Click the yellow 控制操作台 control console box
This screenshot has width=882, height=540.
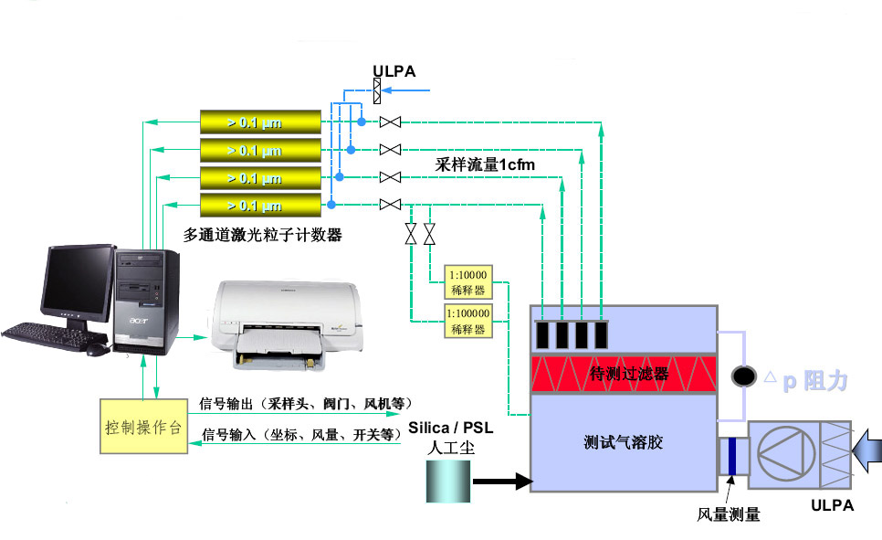tap(142, 425)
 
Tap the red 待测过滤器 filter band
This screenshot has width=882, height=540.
tap(624, 374)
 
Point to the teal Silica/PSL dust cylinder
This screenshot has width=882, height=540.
tap(448, 481)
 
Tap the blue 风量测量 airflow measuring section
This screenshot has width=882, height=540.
tap(731, 457)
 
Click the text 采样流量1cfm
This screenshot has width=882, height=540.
tap(485, 164)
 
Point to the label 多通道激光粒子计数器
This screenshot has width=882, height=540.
tap(262, 235)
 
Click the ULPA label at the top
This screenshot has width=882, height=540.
tap(394, 70)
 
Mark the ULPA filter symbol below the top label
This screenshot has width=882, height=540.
tap(377, 90)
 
